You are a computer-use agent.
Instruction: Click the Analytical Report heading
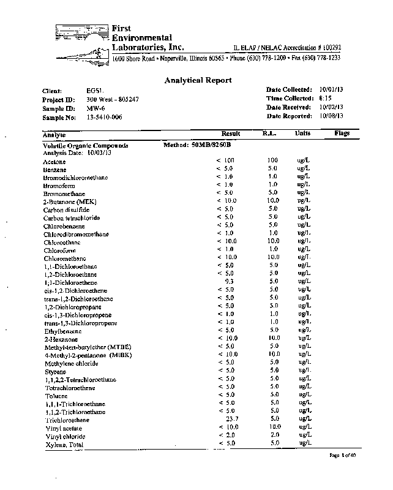(x=198, y=80)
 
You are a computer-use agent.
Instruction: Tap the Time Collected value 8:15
(x=326, y=98)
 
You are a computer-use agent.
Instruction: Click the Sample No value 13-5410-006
(x=105, y=116)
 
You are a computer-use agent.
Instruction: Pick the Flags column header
(x=342, y=133)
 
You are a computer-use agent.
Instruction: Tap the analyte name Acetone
(x=54, y=161)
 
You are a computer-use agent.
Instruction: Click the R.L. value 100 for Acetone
(x=272, y=160)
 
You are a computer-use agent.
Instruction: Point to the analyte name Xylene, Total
(x=63, y=444)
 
